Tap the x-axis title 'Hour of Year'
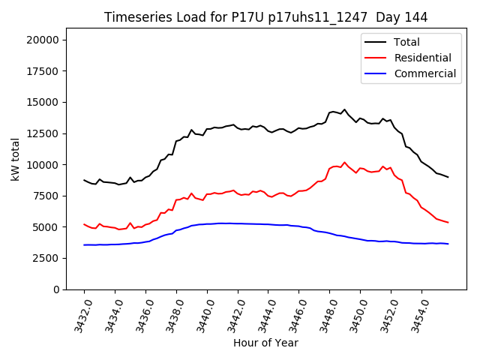point(265,343)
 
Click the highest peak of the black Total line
point(344,109)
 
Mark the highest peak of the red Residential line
point(344,162)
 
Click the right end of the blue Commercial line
point(448,244)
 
